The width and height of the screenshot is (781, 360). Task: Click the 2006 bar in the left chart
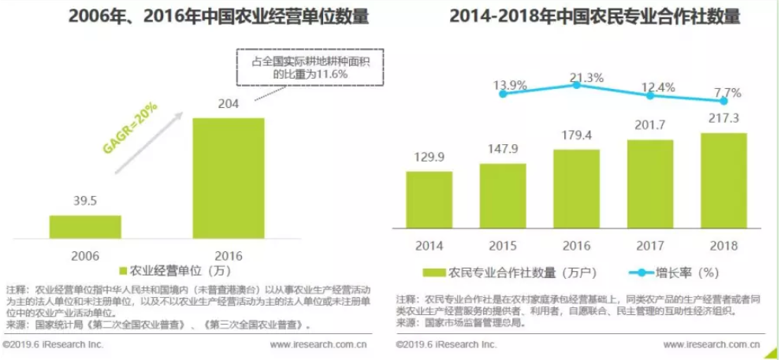click(x=85, y=227)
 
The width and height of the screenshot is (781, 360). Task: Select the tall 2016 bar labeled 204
click(x=228, y=178)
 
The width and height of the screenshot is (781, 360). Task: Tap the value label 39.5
click(x=84, y=202)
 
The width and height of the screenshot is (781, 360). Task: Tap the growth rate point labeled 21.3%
click(x=576, y=84)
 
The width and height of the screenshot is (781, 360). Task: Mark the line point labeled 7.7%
click(x=723, y=100)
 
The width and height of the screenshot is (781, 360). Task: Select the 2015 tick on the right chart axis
click(x=503, y=245)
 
